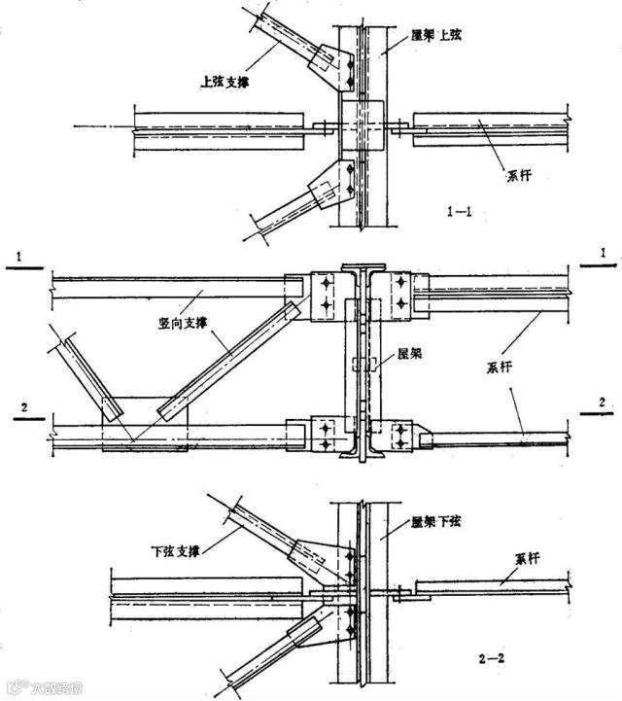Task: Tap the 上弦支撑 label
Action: tap(227, 82)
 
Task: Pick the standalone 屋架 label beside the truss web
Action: tap(409, 356)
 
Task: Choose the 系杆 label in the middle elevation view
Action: tap(500, 368)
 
